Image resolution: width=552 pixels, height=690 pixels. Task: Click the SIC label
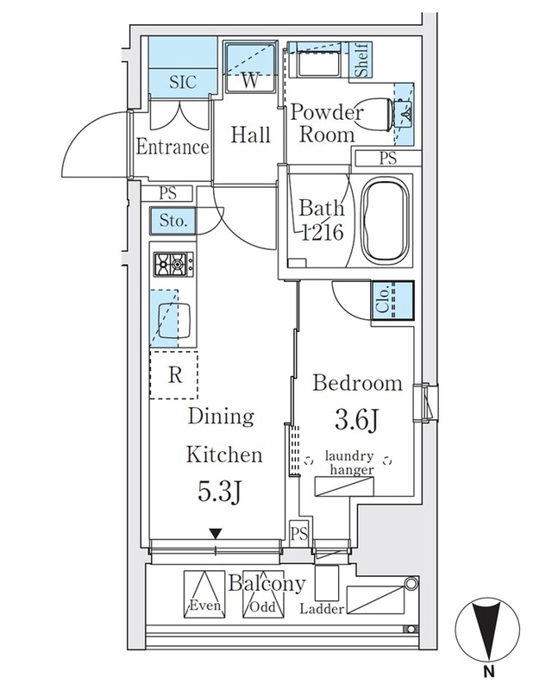183,83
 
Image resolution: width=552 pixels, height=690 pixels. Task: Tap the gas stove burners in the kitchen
173,262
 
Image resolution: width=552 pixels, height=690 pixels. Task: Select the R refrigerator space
173,375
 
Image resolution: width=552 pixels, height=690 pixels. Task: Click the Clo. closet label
383,302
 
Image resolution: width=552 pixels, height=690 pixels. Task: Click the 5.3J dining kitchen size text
219,493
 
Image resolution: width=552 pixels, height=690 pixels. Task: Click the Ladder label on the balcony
323,609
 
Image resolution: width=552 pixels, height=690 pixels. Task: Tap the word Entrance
172,147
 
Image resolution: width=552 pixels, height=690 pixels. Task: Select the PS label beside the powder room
388,158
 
